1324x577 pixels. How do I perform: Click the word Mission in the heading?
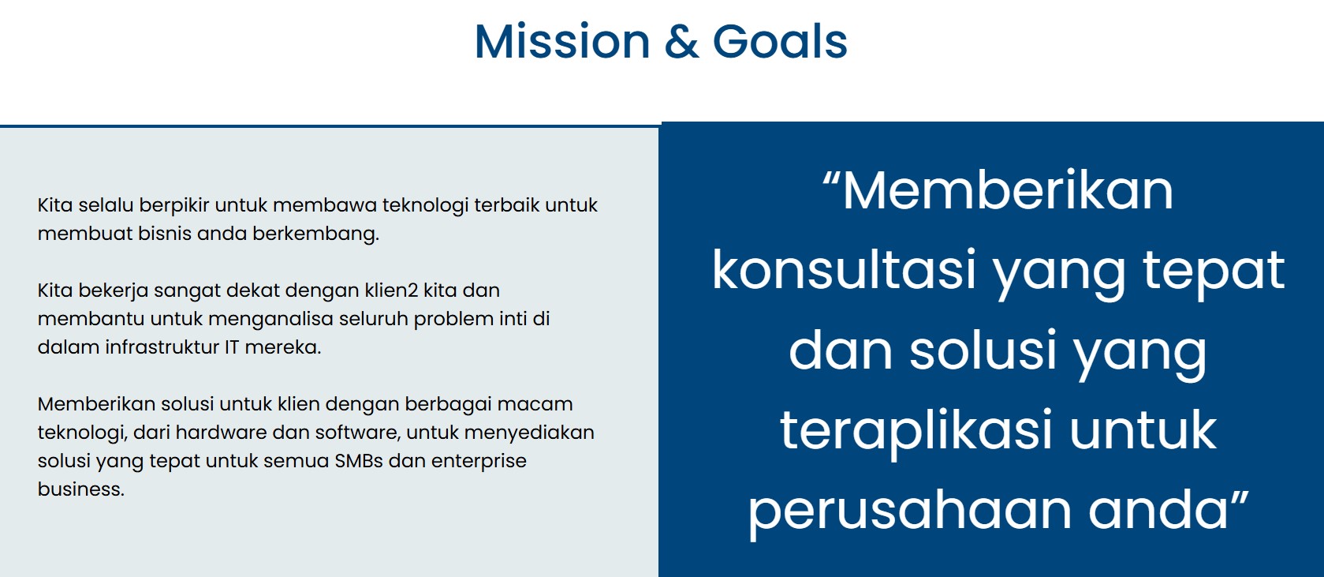click(562, 41)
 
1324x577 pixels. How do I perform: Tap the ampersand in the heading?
click(681, 41)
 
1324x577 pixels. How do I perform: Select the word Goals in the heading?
click(780, 41)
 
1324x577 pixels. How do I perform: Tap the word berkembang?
click(315, 234)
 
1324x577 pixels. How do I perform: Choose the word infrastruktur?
click(162, 347)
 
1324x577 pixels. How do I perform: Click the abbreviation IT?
click(232, 347)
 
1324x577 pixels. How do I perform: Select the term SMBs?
click(359, 460)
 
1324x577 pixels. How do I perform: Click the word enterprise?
click(479, 461)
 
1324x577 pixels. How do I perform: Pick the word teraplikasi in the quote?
click(916, 431)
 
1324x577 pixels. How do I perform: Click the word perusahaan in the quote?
click(910, 511)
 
